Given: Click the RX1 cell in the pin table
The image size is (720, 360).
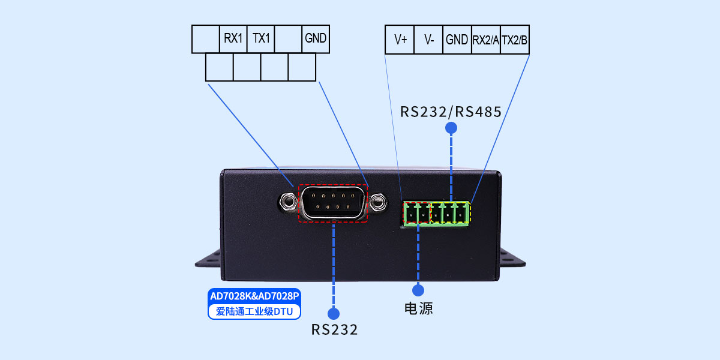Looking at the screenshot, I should click(233, 39).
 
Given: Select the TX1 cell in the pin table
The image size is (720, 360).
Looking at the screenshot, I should click(260, 39).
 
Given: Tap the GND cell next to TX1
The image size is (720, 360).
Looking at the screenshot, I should click(316, 39).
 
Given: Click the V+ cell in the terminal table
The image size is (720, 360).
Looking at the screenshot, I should click(400, 40).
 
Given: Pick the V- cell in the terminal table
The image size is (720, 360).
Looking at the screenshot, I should click(428, 40).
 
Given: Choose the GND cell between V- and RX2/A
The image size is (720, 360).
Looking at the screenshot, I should click(457, 40).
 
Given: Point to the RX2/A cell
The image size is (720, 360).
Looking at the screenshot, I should click(485, 40).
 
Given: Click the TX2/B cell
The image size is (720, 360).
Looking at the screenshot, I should click(514, 40).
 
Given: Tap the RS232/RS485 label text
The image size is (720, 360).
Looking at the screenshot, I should click(451, 112).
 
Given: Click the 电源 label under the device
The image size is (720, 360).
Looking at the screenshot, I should click(418, 309).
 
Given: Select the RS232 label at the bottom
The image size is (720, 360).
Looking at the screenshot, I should click(334, 329).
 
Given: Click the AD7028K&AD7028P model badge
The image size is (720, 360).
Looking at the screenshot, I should click(254, 296).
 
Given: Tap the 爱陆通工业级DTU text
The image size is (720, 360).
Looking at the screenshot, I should click(254, 311).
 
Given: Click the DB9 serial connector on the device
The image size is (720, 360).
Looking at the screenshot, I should click(333, 203).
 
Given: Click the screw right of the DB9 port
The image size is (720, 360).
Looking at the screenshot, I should click(378, 202).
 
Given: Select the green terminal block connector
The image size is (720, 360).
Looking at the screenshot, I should click(437, 213).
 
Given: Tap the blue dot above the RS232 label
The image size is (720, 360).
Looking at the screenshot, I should click(334, 313).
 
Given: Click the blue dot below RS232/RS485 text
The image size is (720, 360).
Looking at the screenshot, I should click(451, 128).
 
